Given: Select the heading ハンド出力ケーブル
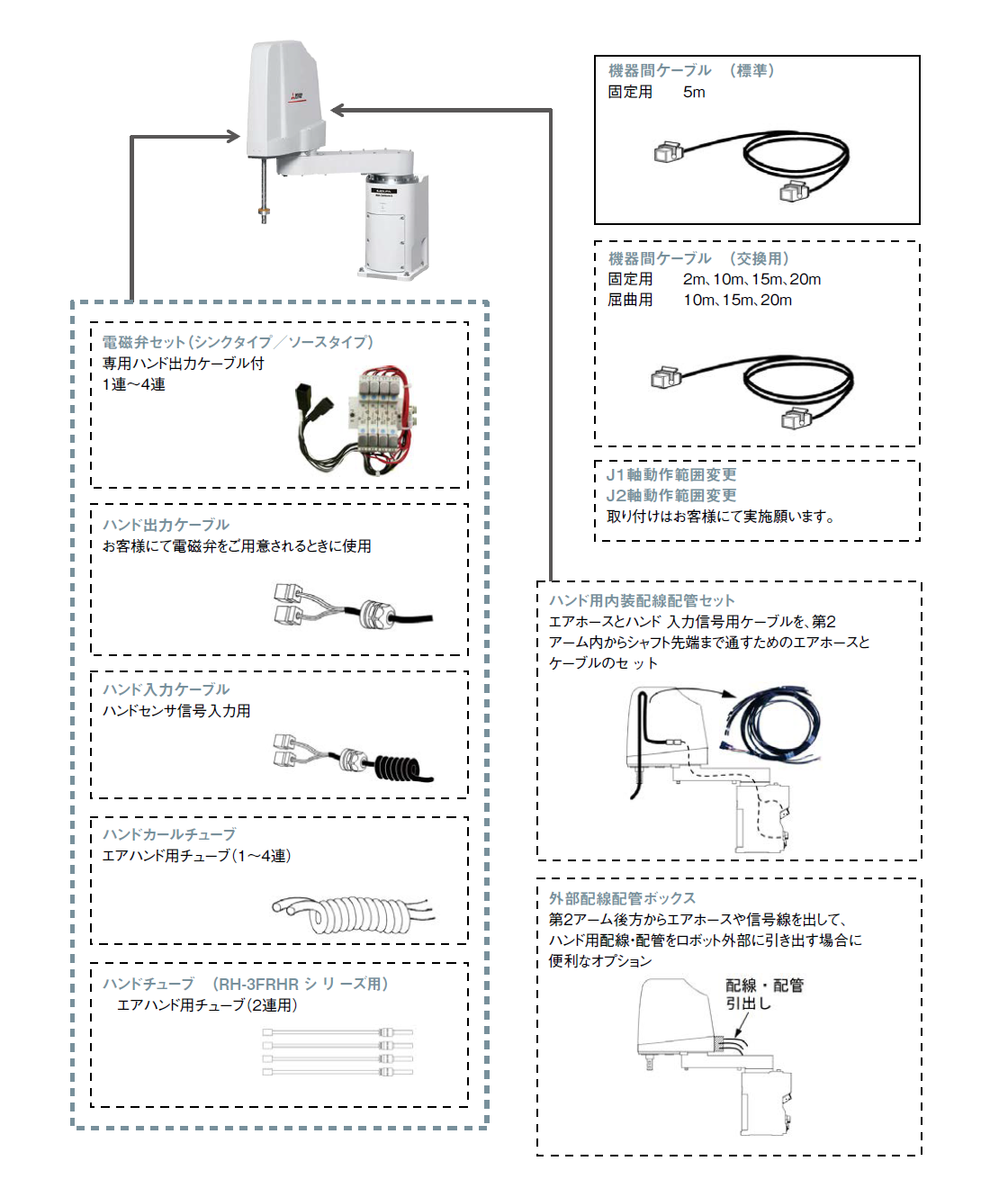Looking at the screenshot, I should pos(166,526).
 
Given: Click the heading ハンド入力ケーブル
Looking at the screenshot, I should pos(166,690).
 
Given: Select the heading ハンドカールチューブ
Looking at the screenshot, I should pos(169,835).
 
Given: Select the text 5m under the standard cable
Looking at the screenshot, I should pos(694,92).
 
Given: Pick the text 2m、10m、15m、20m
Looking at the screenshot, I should pos(751,280).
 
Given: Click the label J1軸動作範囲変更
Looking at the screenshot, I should pos(671,475).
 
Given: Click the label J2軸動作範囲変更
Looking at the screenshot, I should pos(671,496).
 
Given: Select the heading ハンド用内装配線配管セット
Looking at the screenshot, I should pos(642,601).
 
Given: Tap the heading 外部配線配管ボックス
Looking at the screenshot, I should pos(622,899).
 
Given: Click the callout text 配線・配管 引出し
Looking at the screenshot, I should pos(763,994).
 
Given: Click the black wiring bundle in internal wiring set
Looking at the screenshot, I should pos(774,724).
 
